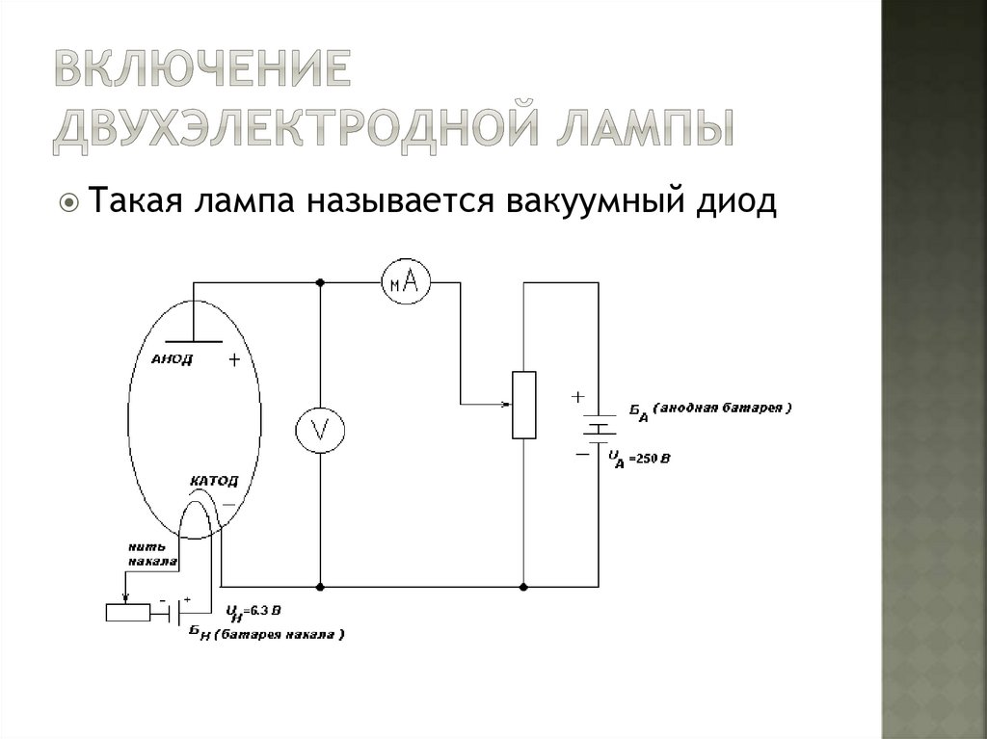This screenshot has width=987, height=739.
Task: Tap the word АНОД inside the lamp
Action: pos(173,359)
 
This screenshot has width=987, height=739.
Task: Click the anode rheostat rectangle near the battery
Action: pos(523,405)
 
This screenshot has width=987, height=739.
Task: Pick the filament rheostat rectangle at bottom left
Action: pos(127,612)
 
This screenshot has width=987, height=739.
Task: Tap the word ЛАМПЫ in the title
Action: pos(645,129)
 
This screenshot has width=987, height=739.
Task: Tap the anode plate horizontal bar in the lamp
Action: pos(192,341)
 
